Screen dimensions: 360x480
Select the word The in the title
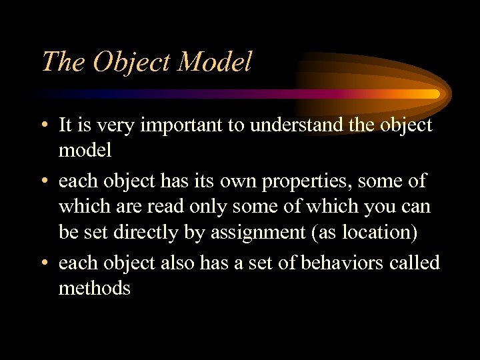[63, 62]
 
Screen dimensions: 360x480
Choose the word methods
[94, 288]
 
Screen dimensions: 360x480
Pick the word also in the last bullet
[179, 263]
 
